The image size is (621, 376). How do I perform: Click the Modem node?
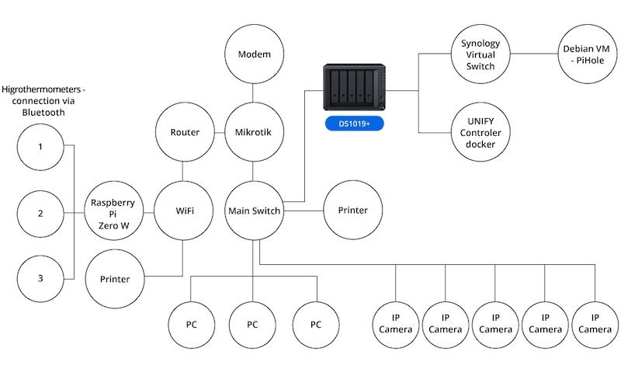pos(255,54)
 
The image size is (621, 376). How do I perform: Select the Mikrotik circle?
pos(255,132)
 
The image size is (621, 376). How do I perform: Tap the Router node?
pos(185,132)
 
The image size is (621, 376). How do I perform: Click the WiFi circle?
pos(184,211)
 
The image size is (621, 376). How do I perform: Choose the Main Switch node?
pos(255,211)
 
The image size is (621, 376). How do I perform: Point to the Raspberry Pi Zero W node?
pos(114,211)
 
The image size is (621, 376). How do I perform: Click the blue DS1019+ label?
pos(355,124)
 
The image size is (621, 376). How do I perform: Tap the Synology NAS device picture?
pos(355,87)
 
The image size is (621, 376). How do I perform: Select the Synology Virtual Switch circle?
pos(480,54)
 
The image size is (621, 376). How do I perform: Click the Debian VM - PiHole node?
pos(588,54)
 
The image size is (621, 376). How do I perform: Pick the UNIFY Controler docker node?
pos(480,132)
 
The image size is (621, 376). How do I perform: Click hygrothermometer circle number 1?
pos(40,147)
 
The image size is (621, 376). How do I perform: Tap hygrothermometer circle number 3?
pos(40,279)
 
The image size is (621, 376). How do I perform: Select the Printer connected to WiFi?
pos(115,279)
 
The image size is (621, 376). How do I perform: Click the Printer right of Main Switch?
pos(353,210)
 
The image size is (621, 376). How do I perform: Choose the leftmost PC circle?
pos(192,325)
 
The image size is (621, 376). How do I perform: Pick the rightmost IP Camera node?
pos(595,325)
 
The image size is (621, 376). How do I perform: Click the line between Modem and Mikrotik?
pos(253,93)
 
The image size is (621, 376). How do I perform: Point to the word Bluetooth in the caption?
pos(43,113)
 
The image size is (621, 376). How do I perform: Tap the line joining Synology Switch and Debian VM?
pos(534,54)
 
